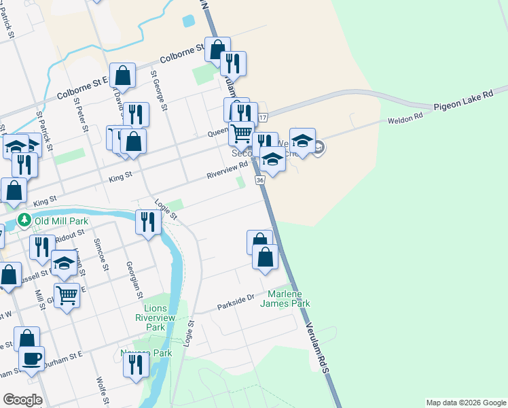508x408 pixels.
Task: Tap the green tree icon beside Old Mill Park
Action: point(24,220)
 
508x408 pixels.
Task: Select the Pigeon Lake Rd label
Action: point(462,99)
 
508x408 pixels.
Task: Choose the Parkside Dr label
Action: point(236,299)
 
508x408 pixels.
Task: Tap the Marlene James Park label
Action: point(285,299)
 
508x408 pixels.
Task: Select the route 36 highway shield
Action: point(259,180)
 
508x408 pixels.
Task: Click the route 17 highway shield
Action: point(263,118)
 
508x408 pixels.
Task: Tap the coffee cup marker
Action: point(30,358)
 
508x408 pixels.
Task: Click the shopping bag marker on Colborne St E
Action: point(123,75)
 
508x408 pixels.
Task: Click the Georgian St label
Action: point(134,279)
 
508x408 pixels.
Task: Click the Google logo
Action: point(22,400)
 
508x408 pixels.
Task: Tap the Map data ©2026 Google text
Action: point(465,403)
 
